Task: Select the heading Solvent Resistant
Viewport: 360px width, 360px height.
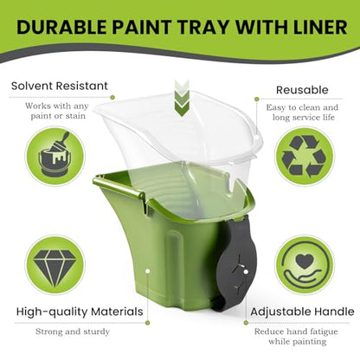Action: click(60, 86)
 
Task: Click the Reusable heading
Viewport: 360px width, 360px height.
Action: click(302, 90)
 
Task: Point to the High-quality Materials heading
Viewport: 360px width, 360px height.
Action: click(80, 312)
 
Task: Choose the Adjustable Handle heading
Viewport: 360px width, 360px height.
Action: click(302, 312)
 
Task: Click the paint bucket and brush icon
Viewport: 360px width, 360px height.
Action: click(55, 155)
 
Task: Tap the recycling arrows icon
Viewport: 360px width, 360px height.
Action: click(304, 156)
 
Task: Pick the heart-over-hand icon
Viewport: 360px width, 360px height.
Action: click(305, 266)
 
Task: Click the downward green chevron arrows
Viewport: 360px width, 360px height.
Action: click(182, 99)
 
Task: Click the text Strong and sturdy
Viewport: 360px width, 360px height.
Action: click(73, 331)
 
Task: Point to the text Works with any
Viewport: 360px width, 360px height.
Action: click(56, 106)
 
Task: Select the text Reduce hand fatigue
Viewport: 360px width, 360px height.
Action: click(296, 331)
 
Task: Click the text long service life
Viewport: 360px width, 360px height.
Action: click(304, 118)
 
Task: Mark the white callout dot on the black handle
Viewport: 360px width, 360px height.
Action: click(246, 272)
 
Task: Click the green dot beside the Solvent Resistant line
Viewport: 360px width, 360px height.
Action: click(112, 98)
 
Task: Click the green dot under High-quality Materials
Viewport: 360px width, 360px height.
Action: click(148, 323)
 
